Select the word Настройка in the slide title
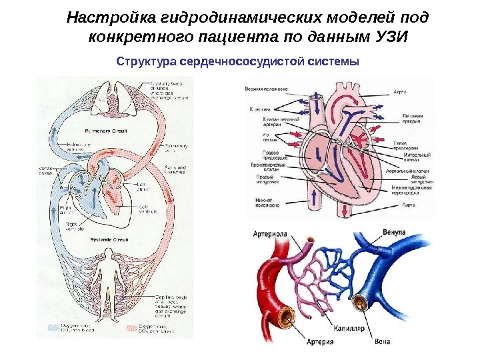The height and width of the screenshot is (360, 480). [x=105, y=15]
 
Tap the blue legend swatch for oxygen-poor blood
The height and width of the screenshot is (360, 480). [x=53, y=327]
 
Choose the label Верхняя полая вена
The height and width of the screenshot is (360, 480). [x=266, y=89]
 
